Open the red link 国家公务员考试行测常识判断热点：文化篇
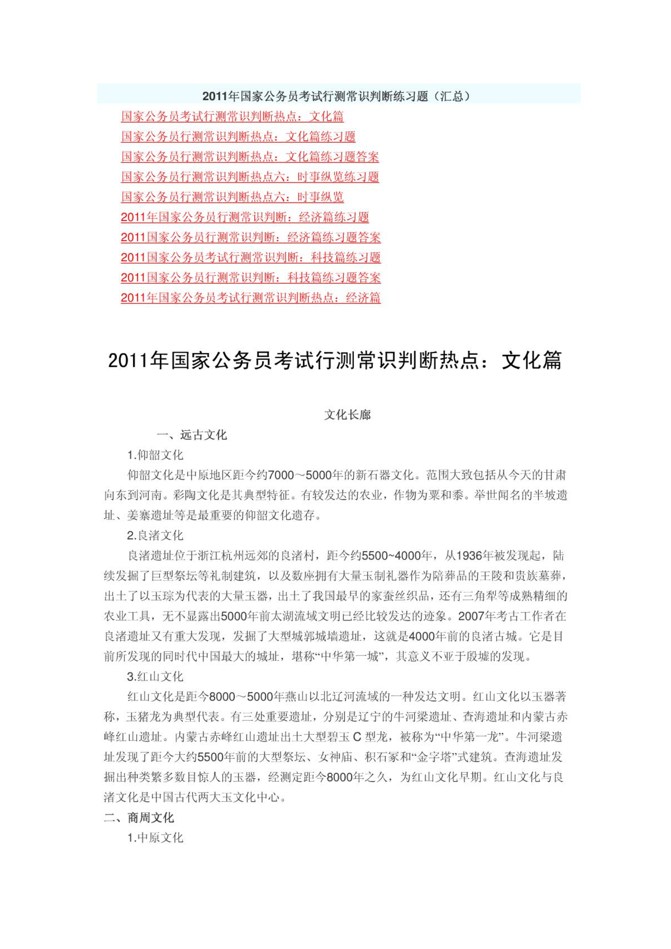coord(232,116)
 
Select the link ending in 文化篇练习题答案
coord(250,157)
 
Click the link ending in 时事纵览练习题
coord(250,177)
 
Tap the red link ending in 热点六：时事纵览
coord(232,197)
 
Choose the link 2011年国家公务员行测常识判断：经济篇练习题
coord(245,217)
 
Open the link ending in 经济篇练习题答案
coord(250,237)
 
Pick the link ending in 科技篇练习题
coord(250,257)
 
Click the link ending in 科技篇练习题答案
coord(250,278)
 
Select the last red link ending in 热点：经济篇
coord(250,298)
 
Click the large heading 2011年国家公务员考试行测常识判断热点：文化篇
coord(335,361)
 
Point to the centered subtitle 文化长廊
coord(347,415)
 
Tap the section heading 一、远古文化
coord(192,435)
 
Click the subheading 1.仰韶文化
coord(155,455)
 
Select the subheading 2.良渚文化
coord(155,536)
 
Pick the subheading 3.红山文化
coord(155,677)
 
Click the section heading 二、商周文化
coord(139,818)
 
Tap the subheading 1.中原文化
coord(155,838)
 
